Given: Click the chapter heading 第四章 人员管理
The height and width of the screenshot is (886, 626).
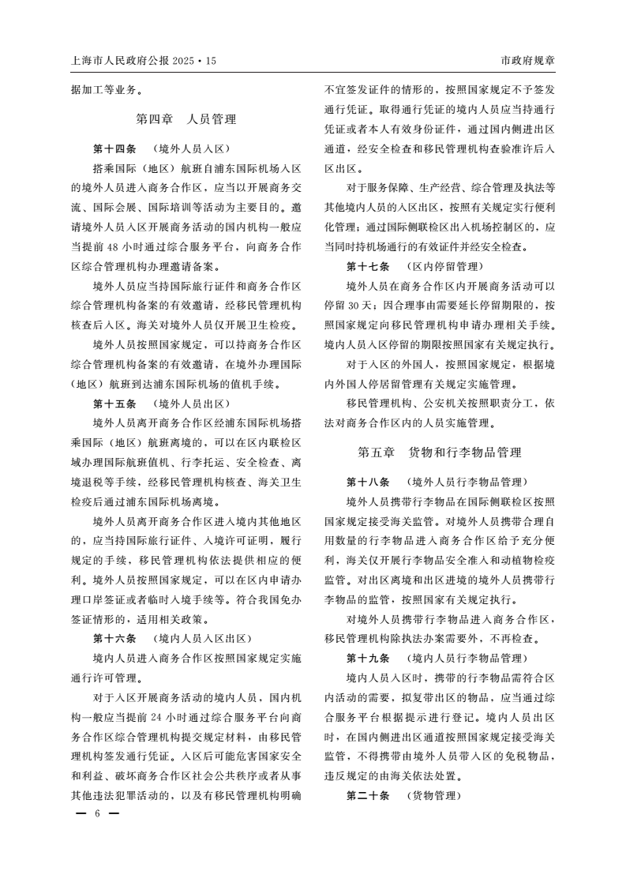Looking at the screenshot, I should click(186, 120).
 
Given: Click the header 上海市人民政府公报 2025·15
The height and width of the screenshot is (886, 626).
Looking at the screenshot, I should click(143, 60).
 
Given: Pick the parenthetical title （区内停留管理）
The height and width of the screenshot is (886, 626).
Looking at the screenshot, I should click(444, 266).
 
